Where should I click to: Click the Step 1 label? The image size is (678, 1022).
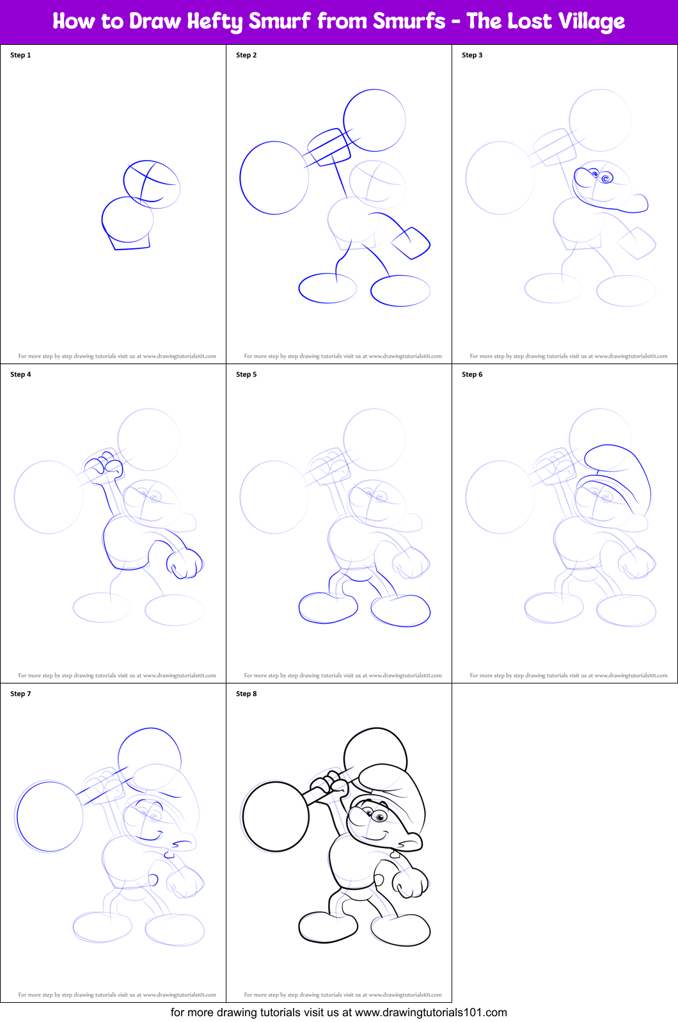click(20, 55)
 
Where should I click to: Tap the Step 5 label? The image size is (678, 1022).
click(246, 374)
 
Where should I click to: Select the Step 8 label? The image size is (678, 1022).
click(246, 694)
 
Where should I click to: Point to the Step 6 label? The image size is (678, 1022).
click(472, 374)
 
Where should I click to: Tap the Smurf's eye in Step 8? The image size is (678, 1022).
click(379, 817)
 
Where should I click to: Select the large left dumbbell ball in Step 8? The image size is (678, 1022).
click(276, 817)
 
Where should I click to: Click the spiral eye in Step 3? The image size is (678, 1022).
click(605, 178)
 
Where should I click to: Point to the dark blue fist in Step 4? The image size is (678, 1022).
click(184, 563)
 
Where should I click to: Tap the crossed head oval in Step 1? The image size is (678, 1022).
click(152, 184)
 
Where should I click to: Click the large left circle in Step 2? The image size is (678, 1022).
click(274, 178)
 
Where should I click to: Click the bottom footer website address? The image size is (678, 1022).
click(430, 1012)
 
